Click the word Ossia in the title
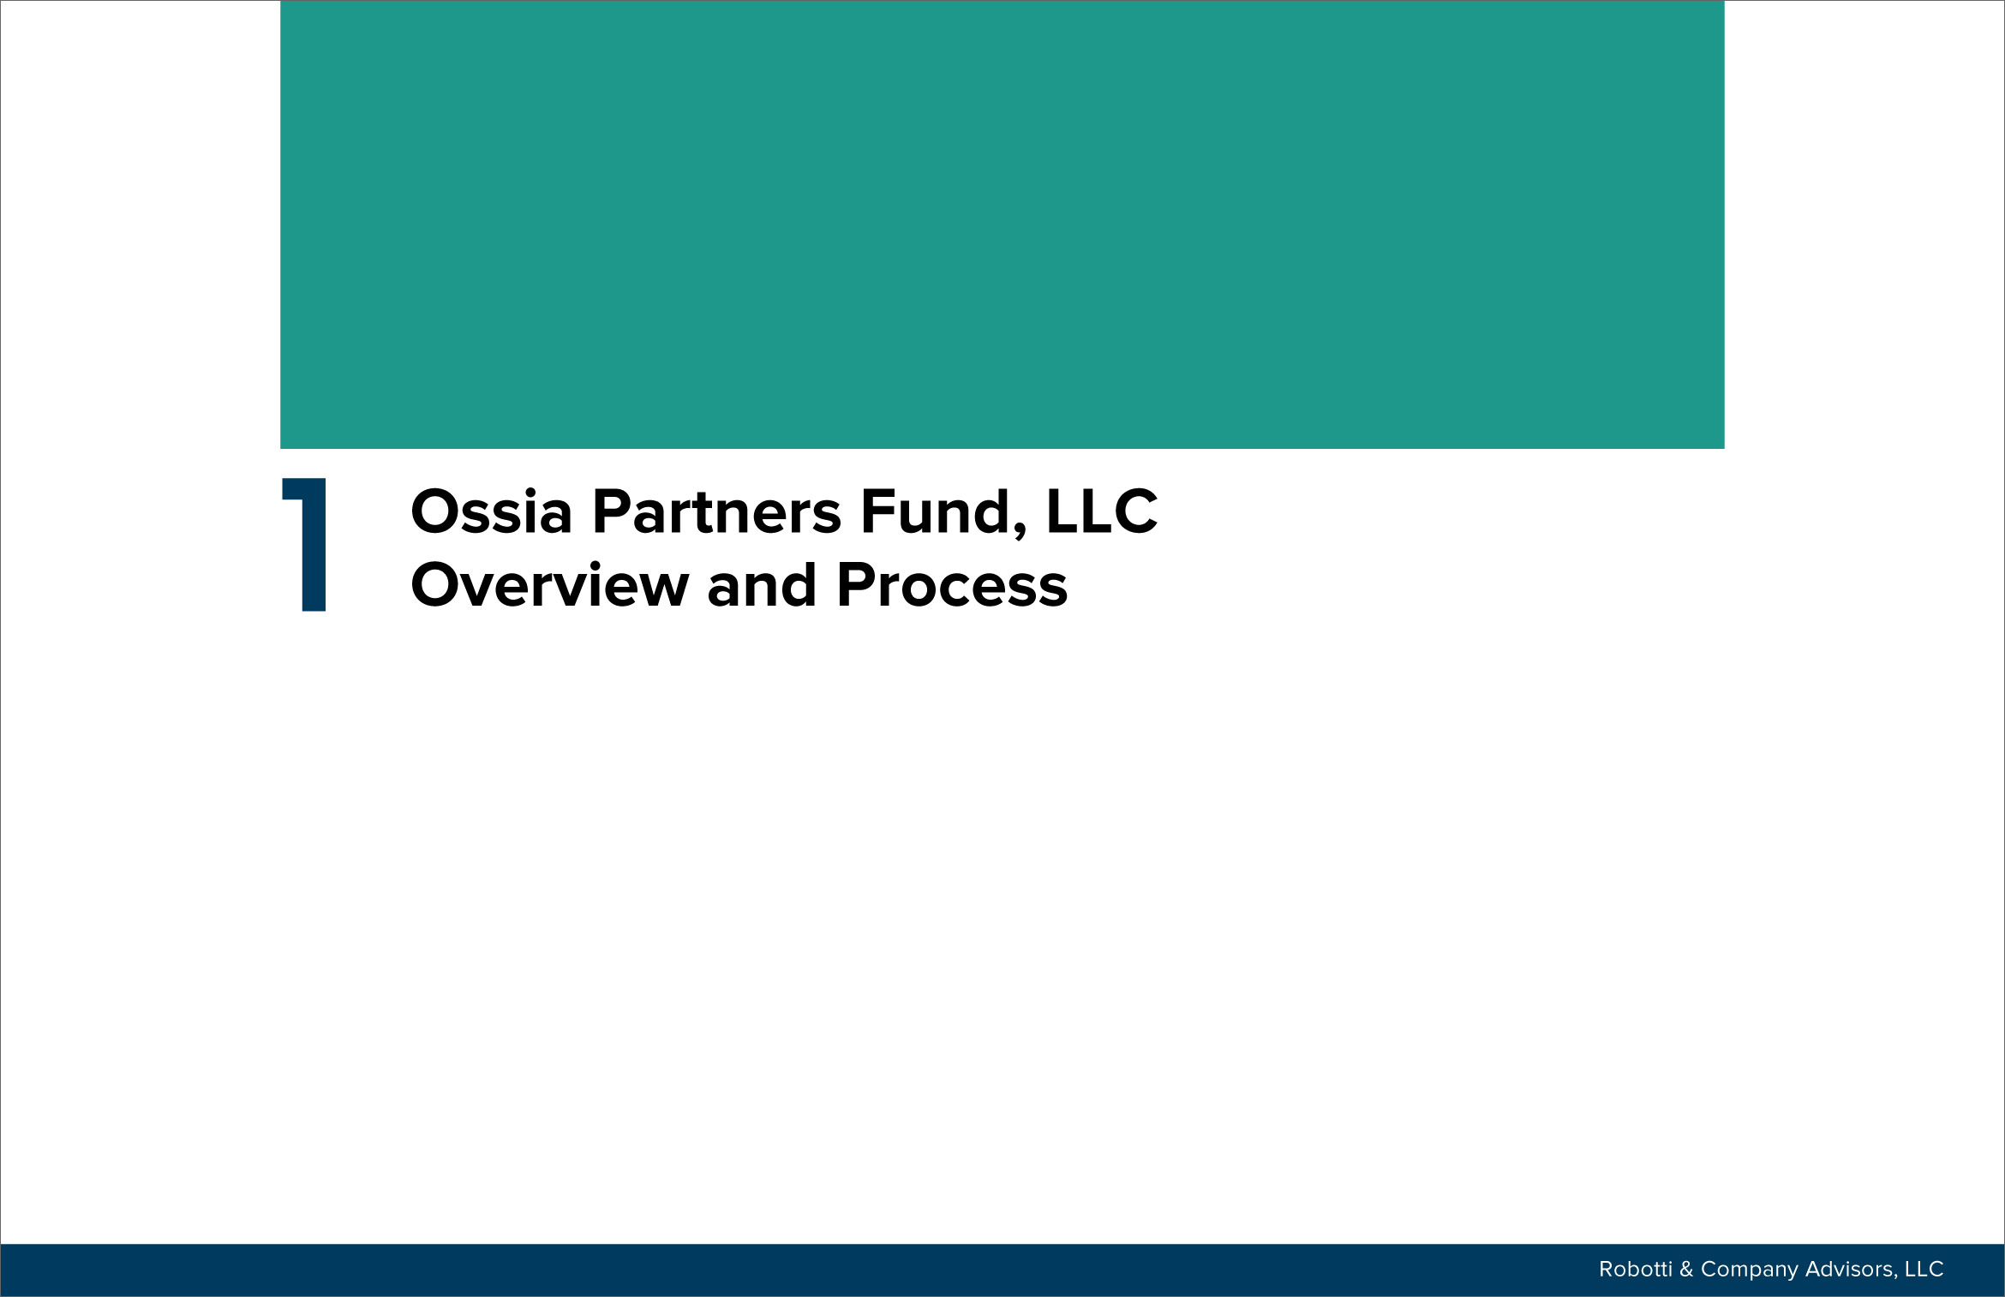tap(492, 511)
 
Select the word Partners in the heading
tap(717, 513)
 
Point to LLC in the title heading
tap(1102, 511)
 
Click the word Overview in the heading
tap(550, 585)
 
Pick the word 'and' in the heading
tap(762, 585)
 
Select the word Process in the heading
tap(952, 585)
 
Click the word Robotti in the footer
tap(1636, 1269)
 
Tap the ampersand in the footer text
tap(1686, 1269)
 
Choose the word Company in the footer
tap(1749, 1270)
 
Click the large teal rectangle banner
tap(1002, 224)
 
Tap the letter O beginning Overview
tap(437, 585)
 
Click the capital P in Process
tap(856, 585)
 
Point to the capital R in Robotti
tap(1607, 1269)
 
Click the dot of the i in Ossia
tap(530, 492)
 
